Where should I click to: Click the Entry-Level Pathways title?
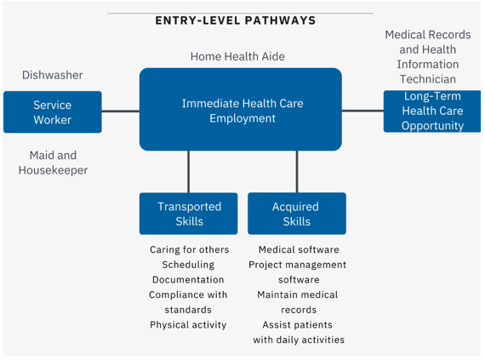click(236, 20)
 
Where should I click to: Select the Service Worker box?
click(53, 112)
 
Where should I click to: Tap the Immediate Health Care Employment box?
click(241, 110)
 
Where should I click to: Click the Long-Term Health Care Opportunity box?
click(432, 111)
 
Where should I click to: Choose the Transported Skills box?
click(189, 214)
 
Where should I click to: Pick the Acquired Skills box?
click(297, 214)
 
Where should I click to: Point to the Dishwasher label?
click(53, 75)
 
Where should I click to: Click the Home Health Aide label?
click(237, 57)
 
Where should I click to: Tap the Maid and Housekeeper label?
click(53, 163)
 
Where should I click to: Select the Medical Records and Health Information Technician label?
click(428, 57)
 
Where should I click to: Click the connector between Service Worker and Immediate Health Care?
click(121, 111)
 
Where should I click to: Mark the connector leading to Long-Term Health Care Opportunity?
click(362, 111)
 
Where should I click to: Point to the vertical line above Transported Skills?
click(189, 172)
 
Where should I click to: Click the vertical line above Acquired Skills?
click(297, 172)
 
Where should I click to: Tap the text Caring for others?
click(189, 249)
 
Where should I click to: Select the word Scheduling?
click(188, 265)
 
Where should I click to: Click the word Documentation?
click(188, 280)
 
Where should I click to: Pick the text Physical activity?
click(188, 325)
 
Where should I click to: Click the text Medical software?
click(299, 249)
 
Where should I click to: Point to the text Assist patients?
click(298, 325)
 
